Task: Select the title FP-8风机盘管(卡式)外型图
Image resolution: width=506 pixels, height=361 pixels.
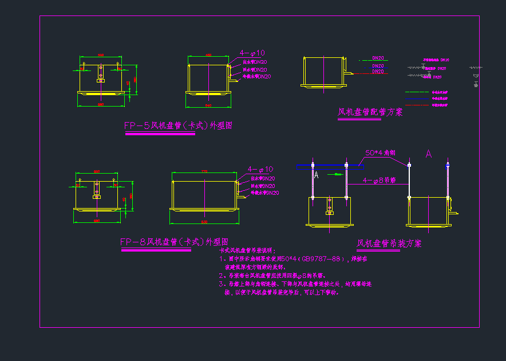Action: click(174, 242)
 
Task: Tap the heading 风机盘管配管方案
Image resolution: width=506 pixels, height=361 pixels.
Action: click(370, 112)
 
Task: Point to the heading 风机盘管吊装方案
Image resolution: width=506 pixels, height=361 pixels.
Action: click(389, 244)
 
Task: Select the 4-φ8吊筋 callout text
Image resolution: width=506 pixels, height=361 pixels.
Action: click(379, 180)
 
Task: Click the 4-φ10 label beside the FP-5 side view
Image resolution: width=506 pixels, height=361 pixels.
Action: click(252, 53)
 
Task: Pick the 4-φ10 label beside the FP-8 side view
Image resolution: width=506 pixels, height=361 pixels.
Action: click(260, 170)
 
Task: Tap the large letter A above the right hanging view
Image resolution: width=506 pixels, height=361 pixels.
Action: click(428, 154)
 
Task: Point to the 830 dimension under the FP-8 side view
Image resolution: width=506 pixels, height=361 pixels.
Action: click(204, 221)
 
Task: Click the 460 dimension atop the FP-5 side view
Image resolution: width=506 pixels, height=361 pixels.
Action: click(208, 56)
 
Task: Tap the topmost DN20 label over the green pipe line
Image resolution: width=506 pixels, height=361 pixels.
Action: click(378, 58)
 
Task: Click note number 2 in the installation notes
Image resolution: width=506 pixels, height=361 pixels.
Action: click(222, 275)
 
